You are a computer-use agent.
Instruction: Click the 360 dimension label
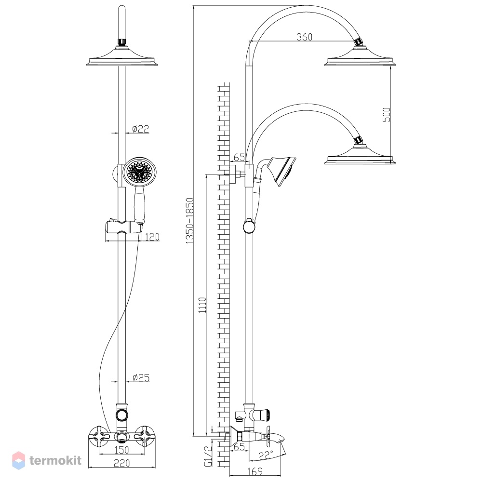(304, 37)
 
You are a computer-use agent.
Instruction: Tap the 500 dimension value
(387, 115)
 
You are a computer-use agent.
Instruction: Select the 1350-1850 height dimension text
(190, 221)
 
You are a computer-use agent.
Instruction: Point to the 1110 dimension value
(202, 305)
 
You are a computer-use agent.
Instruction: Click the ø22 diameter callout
(140, 129)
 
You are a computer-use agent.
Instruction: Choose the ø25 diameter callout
(141, 377)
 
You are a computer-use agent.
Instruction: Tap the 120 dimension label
(152, 237)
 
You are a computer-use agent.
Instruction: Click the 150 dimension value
(121, 450)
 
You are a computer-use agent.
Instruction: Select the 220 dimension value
(121, 463)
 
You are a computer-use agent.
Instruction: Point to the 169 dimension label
(255, 470)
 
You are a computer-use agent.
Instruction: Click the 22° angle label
(266, 455)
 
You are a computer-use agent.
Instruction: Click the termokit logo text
(55, 460)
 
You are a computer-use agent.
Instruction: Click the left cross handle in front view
(99, 436)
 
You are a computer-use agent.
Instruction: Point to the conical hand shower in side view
(282, 171)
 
